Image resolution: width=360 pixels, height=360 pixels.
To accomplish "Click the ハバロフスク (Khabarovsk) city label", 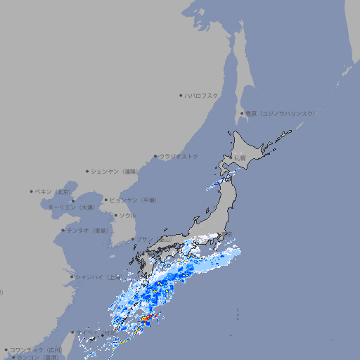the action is coord(202,96).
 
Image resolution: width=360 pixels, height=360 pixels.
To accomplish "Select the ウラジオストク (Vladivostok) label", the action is coord(179,156).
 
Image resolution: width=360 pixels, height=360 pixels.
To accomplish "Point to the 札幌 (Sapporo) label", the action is coord(240,157).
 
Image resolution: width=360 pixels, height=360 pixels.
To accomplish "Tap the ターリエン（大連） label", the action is coord(70,207).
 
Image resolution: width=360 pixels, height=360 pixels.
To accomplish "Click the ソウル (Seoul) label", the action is coord(127,215).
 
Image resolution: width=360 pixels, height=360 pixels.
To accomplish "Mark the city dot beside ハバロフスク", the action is coord(181,96).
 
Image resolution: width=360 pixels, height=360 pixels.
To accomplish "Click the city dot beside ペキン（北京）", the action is coord(32,191).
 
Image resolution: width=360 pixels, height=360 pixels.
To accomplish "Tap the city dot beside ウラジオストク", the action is coord(155,156).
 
